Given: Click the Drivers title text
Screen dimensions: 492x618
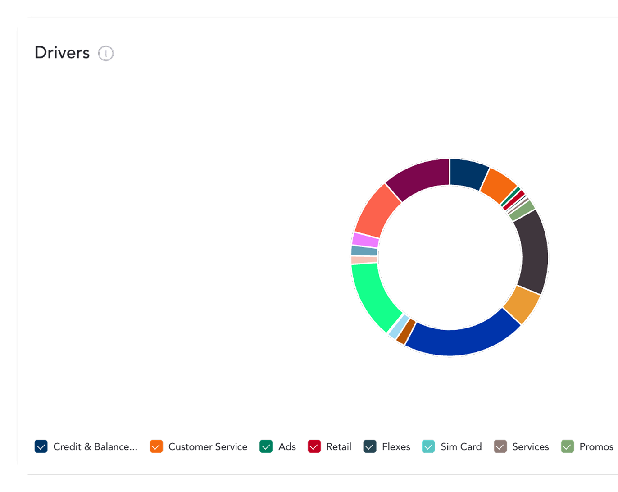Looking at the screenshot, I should click(x=62, y=53).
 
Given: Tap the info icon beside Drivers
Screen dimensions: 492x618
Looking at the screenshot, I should click(x=106, y=53).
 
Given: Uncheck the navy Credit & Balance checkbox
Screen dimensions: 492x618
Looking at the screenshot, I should click(x=41, y=446).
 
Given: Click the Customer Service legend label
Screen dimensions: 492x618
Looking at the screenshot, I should click(x=208, y=446).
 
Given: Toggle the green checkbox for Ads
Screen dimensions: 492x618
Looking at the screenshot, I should click(x=266, y=446).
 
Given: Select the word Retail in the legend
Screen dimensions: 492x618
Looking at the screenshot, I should click(x=339, y=446).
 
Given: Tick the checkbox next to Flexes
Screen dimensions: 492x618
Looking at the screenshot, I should click(x=370, y=446).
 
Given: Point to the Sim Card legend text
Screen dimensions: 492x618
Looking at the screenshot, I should click(x=461, y=446).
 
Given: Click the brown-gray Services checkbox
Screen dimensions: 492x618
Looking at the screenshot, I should click(x=500, y=446).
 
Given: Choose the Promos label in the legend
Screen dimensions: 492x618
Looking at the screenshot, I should click(x=596, y=446).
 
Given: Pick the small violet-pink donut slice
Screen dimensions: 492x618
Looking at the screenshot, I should click(x=365, y=240).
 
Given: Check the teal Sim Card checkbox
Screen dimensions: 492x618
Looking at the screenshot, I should click(x=428, y=446).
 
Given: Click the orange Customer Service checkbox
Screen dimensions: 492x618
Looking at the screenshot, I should click(x=156, y=446).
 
